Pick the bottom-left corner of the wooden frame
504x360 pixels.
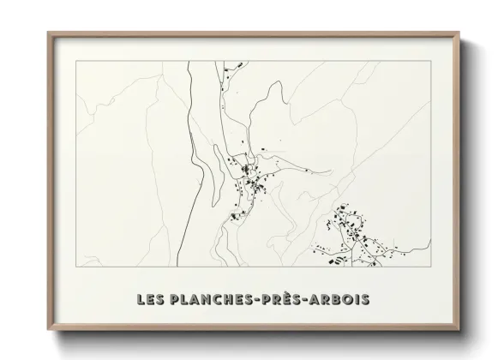[x=48, y=330]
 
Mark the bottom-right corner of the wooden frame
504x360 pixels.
[x=459, y=330]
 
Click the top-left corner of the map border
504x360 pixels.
[x=77, y=62]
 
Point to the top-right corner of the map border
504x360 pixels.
[x=429, y=62]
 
